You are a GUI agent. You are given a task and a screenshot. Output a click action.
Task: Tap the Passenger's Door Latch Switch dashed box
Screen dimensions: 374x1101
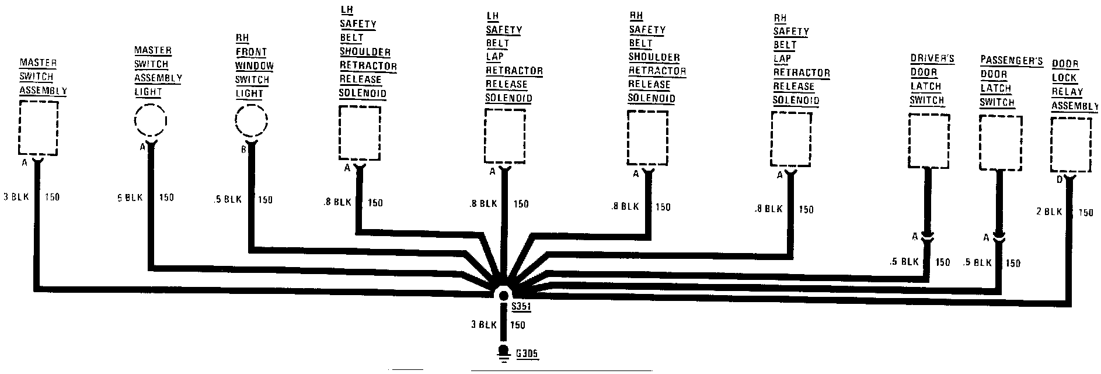click(1000, 143)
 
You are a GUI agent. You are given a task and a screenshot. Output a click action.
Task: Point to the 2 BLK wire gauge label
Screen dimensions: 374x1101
click(1049, 212)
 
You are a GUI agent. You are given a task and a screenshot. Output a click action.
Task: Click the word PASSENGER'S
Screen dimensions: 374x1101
click(1011, 61)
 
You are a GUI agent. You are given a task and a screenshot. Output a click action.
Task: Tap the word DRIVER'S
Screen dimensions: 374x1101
click(932, 59)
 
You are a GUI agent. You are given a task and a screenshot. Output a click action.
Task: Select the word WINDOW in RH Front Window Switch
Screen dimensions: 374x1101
click(255, 66)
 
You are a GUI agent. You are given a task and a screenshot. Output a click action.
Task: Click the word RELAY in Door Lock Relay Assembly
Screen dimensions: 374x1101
click(1067, 92)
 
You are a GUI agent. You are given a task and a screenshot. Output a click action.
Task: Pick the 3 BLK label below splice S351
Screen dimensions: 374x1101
click(483, 325)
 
